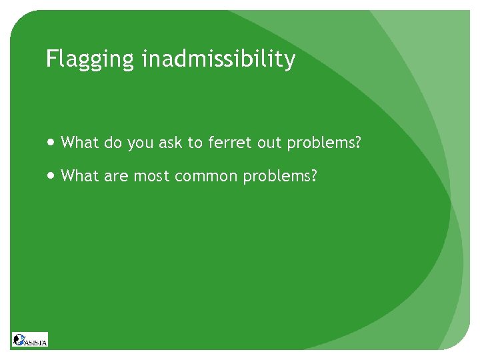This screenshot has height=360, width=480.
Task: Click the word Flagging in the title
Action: (x=91, y=60)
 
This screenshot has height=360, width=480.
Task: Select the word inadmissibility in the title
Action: (x=218, y=59)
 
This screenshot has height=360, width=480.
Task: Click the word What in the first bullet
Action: (x=79, y=142)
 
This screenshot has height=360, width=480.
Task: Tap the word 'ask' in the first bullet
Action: (x=171, y=142)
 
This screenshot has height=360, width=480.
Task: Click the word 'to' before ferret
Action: (x=197, y=142)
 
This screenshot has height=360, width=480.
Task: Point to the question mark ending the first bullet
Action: (x=357, y=142)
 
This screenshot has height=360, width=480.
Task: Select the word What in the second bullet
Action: (x=79, y=176)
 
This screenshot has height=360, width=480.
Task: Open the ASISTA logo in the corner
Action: (x=30, y=339)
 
